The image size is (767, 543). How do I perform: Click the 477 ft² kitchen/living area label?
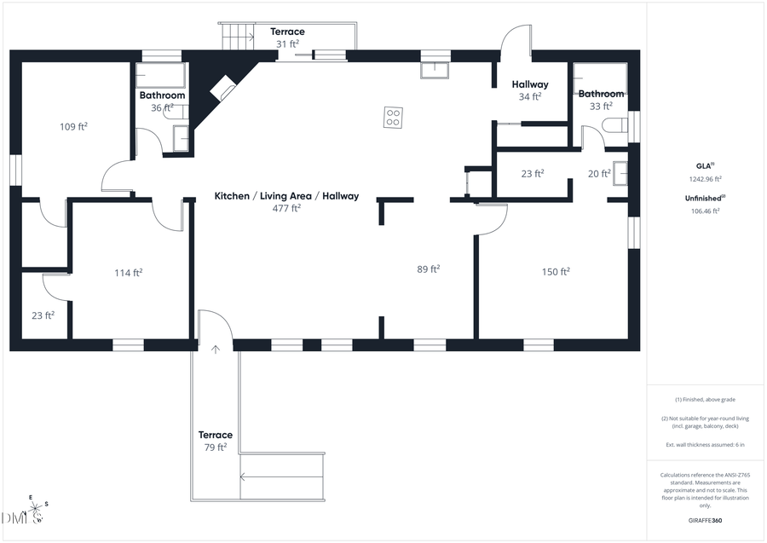pyautogui.click(x=286, y=201)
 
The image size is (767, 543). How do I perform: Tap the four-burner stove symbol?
pyautogui.click(x=393, y=117)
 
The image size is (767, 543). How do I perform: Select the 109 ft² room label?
pyautogui.click(x=74, y=126)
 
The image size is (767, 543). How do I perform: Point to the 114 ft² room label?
pyautogui.click(x=129, y=273)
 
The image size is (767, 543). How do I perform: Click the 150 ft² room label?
pyautogui.click(x=556, y=272)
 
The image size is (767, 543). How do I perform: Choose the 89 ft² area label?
pyautogui.click(x=429, y=269)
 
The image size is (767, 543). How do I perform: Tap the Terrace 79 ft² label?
pyautogui.click(x=215, y=441)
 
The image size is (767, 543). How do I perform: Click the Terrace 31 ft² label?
pyautogui.click(x=287, y=38)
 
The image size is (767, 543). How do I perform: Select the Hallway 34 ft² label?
pyautogui.click(x=529, y=90)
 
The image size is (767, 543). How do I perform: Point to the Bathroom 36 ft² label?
pyautogui.click(x=162, y=101)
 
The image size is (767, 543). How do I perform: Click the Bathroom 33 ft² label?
pyautogui.click(x=601, y=100)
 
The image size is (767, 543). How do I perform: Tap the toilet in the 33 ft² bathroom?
pyautogui.click(x=614, y=126)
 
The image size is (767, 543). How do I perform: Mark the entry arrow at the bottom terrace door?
pyautogui.click(x=216, y=348)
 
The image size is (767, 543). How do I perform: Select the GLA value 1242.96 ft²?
pyautogui.click(x=705, y=179)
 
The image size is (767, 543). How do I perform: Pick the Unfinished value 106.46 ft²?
pyautogui.click(x=705, y=211)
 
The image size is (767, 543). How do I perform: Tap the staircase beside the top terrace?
pyautogui.click(x=238, y=36)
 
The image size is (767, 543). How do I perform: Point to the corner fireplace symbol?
pyautogui.click(x=223, y=89)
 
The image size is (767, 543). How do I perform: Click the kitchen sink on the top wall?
pyautogui.click(x=434, y=69)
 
